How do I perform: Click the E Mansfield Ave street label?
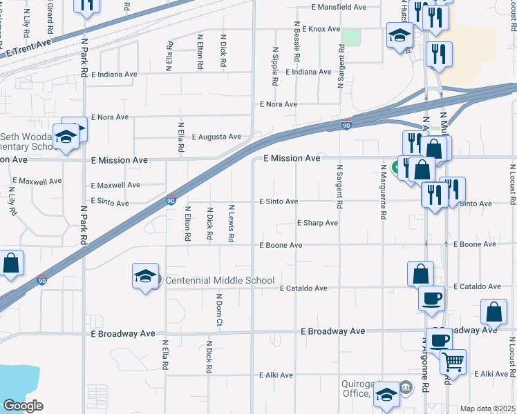pyautogui.click(x=339, y=7)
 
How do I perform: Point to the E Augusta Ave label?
pyautogui.click(x=216, y=137)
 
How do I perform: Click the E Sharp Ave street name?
pyautogui.click(x=317, y=223)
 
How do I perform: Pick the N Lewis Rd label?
pyautogui.click(x=232, y=223)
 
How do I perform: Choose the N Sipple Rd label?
pyautogui.click(x=275, y=66)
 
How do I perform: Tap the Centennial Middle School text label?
pyautogui.click(x=220, y=280)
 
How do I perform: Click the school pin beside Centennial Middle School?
pyautogui.click(x=145, y=277)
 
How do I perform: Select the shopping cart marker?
pyautogui.click(x=453, y=361)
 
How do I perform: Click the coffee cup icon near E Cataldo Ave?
pyautogui.click(x=432, y=298)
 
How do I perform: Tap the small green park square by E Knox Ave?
pyautogui.click(x=351, y=37)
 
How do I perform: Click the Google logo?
pyautogui.click(x=23, y=406)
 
